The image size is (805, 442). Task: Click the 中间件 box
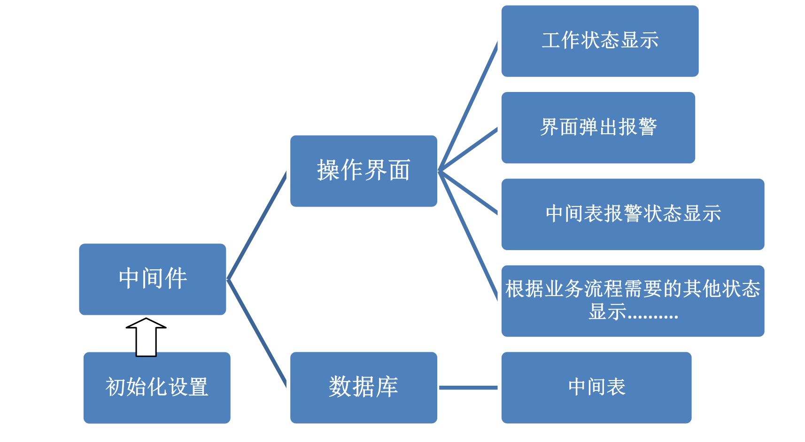152,279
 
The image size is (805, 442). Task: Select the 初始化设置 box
157,388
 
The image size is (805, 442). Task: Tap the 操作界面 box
364,171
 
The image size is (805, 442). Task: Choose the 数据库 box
364,388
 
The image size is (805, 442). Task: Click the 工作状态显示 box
600,41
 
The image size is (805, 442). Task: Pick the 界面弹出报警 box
598,128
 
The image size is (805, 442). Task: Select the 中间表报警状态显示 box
633,214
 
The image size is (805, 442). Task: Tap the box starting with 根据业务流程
633,301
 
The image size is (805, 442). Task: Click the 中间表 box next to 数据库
596,388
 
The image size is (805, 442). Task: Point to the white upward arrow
146,338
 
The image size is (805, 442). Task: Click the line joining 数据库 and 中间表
468,388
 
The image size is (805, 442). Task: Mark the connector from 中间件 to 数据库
257,333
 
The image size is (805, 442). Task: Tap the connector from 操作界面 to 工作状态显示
468,107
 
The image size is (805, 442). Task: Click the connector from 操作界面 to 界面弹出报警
468,149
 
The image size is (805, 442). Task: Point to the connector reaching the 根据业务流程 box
468,235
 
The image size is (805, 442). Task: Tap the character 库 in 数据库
387,387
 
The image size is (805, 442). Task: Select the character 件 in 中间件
176,278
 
